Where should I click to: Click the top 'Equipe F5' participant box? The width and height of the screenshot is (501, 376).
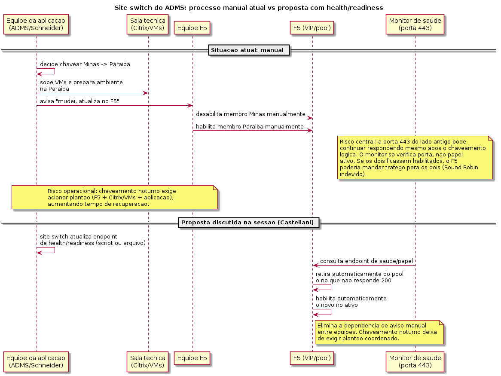point(192,28)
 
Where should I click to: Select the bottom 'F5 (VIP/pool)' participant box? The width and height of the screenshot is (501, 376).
point(312,358)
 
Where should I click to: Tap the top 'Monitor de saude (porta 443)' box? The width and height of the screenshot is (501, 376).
point(415,24)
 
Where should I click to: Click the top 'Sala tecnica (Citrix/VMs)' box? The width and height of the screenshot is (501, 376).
point(148,24)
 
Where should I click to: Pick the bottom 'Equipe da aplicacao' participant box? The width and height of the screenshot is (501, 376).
point(36,362)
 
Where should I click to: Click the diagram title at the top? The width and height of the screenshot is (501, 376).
point(249,8)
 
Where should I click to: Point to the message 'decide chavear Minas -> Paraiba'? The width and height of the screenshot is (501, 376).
point(85,64)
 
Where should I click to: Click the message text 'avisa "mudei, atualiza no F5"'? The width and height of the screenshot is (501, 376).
point(79,101)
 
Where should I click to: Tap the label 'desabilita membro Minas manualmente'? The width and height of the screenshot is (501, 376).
point(250,114)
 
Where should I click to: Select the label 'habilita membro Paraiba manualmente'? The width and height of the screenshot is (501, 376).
point(250,126)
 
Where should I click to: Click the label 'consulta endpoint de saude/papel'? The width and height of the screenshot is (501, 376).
point(367,261)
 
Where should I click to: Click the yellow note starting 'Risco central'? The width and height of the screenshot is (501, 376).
point(415,158)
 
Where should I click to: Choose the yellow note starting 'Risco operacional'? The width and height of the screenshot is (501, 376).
point(115,197)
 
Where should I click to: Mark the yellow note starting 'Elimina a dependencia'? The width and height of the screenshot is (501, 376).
point(379,332)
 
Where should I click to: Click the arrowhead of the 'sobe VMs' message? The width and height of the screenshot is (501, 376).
point(146,93)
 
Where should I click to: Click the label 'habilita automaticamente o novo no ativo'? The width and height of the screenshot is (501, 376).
point(351,302)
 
